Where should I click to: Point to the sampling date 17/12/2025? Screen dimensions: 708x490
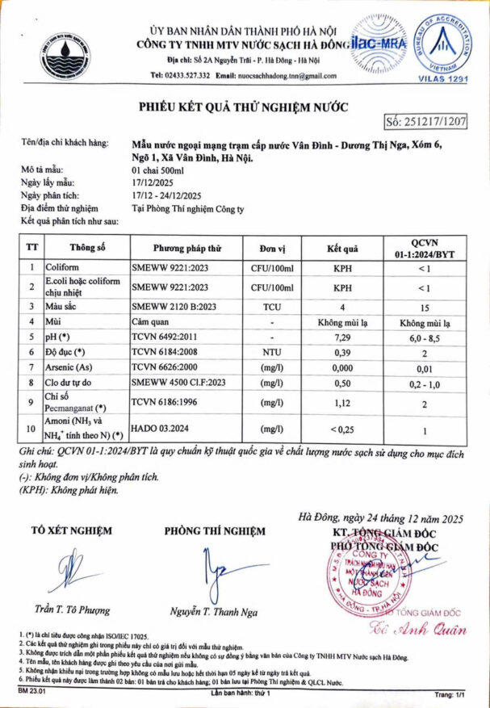[x=152, y=184]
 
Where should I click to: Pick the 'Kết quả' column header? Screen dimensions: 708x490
[x=341, y=248]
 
